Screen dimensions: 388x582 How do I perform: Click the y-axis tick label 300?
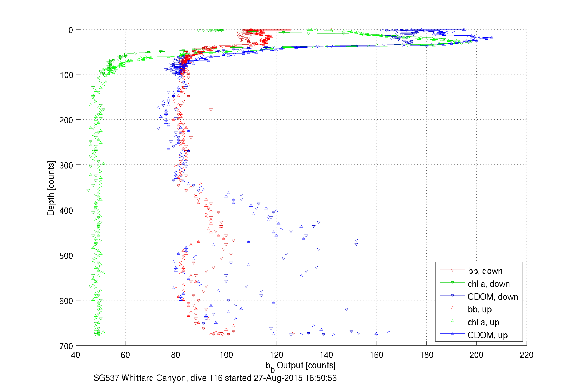click(66, 165)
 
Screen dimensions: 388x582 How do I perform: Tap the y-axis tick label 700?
click(66, 346)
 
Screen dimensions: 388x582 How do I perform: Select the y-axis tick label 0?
click(70, 30)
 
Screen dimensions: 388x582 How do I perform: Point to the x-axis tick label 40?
click(76, 355)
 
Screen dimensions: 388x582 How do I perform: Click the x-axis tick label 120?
click(276, 355)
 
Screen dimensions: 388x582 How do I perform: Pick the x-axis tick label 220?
click(526, 355)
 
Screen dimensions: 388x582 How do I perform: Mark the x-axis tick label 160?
click(376, 355)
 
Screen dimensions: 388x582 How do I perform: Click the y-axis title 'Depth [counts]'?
click(51, 188)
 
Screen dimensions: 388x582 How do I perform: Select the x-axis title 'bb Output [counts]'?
click(301, 366)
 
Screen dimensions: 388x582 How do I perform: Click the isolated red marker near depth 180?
click(211, 110)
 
